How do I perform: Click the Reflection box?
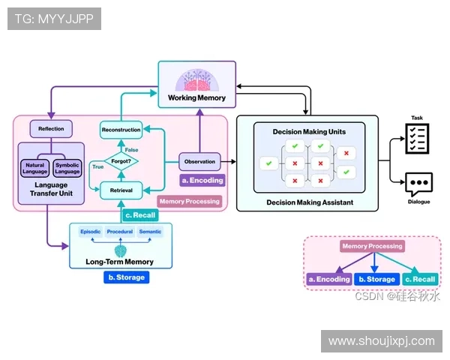pos(51,128)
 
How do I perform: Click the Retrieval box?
pos(121,190)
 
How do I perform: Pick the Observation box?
pos(199,160)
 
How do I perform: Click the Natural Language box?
pos(34,168)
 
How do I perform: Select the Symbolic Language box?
pos(67,168)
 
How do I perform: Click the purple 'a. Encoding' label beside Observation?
pos(202,180)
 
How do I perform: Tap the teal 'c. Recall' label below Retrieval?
pos(140,216)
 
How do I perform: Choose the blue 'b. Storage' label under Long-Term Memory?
pos(126,277)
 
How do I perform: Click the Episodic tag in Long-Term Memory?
pos(90,232)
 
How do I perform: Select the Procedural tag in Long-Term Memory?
pos(119,232)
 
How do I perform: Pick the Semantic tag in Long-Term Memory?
pos(150,232)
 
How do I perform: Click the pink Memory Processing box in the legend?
pos(372,246)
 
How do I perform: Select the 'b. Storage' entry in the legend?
pos(376,279)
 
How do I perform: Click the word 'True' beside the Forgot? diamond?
pos(97,167)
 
